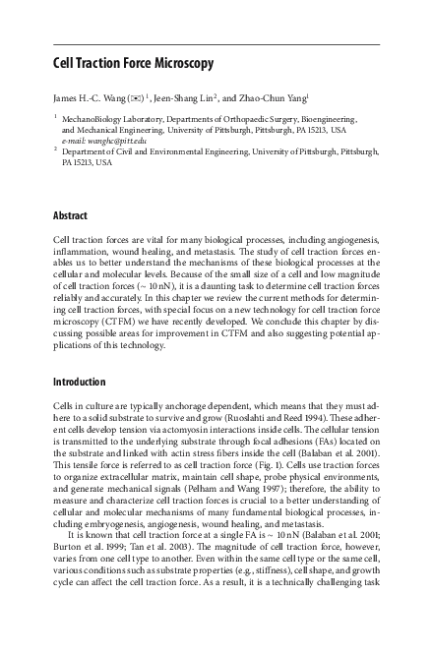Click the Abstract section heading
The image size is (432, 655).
[x=70, y=215]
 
